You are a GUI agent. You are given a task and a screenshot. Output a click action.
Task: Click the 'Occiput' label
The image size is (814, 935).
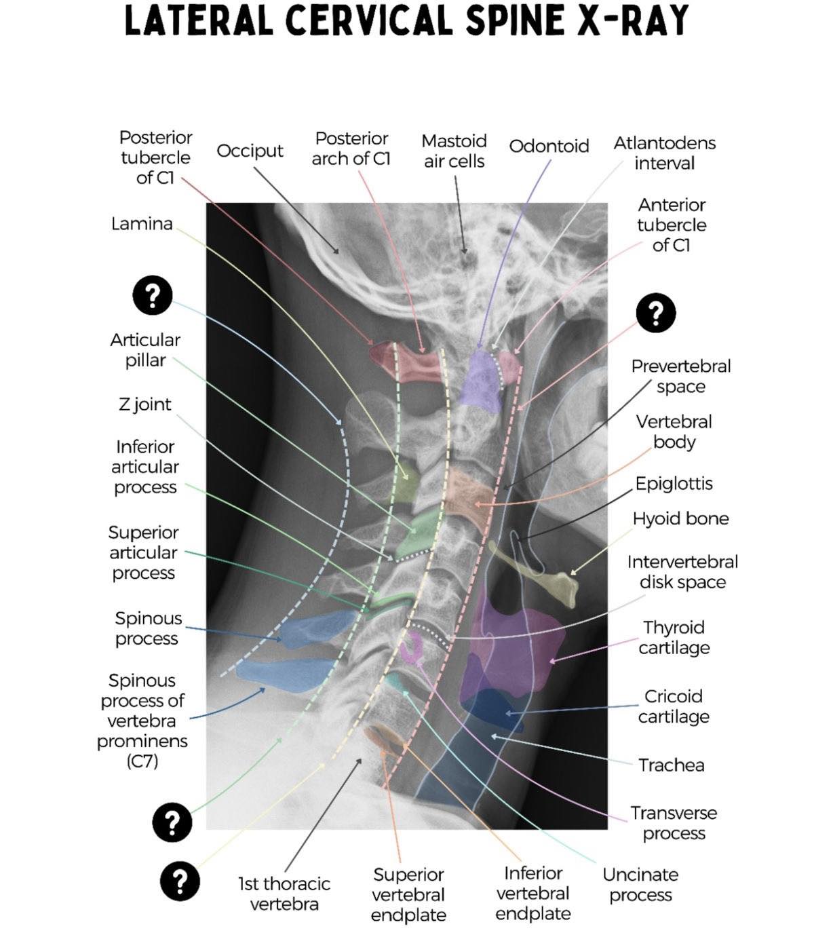pos(250,151)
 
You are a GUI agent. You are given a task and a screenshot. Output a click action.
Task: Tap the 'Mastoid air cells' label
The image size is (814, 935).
pos(454,151)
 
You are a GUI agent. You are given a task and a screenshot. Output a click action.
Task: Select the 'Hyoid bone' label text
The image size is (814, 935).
pos(680,518)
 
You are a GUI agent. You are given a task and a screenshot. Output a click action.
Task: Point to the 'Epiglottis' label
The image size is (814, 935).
pos(674,484)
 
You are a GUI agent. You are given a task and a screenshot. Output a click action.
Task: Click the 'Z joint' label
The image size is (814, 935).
pos(144,404)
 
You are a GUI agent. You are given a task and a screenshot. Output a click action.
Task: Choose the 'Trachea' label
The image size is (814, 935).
pos(671,765)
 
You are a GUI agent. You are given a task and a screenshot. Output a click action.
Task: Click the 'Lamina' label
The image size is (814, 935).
pos(142,224)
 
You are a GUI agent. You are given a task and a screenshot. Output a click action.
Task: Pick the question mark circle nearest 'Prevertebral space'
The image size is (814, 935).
pos(655,313)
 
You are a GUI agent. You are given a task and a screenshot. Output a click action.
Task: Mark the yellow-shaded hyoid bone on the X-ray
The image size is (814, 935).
pos(539,571)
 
